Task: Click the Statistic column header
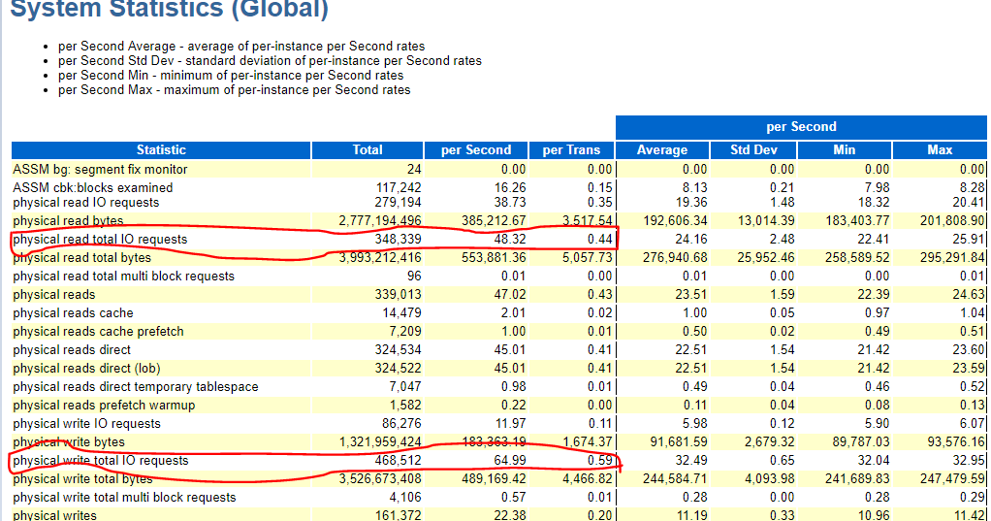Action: coord(161,150)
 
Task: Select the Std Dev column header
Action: coord(753,150)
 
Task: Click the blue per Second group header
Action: coord(801,127)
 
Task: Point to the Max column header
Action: coord(940,150)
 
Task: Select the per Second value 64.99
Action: coord(506,461)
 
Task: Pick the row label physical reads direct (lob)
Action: coord(86,369)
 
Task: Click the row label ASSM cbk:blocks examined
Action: coord(93,187)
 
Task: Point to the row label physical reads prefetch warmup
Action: coord(104,406)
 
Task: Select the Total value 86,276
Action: coord(398,424)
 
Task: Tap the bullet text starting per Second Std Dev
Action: coord(270,60)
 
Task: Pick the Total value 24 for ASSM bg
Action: coord(413,170)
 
